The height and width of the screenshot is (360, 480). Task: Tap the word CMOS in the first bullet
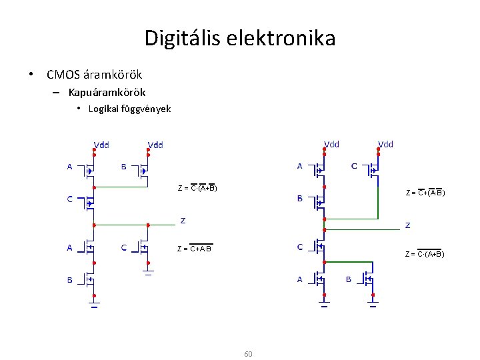click(x=63, y=75)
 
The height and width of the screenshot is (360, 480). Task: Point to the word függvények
click(x=145, y=109)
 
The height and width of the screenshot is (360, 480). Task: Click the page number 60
click(x=248, y=353)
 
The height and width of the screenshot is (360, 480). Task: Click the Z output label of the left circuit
click(x=183, y=221)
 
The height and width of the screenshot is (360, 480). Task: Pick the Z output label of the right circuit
click(x=408, y=225)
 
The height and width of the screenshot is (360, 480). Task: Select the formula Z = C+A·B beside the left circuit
click(x=195, y=249)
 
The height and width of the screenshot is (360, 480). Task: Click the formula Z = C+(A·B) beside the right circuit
click(x=425, y=193)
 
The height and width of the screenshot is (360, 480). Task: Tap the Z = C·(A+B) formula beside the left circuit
click(x=197, y=188)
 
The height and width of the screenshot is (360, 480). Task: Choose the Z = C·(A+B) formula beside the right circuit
click(x=425, y=254)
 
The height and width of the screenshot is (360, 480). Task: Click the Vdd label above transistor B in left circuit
click(x=155, y=145)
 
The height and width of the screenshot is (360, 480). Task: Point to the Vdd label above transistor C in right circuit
click(x=385, y=144)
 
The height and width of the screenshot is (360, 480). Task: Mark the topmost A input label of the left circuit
click(x=69, y=167)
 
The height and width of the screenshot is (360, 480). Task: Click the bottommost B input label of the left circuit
click(x=69, y=281)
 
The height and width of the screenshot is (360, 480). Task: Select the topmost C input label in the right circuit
click(x=353, y=166)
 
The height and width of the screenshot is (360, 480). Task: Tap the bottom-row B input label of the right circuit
click(x=348, y=280)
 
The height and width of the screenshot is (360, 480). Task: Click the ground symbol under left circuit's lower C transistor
click(x=148, y=272)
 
